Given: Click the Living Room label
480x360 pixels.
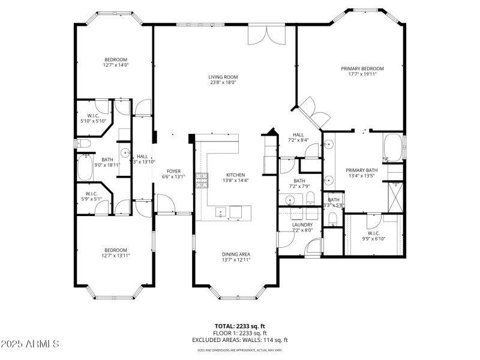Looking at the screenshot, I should coord(223,77).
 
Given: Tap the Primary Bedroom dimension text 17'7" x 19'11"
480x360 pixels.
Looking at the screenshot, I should coord(362,75).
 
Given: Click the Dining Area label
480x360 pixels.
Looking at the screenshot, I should coord(236,254).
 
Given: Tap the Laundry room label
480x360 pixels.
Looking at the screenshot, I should coord(302,225).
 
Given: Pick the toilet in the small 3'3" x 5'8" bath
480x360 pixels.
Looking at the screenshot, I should coord(334,220).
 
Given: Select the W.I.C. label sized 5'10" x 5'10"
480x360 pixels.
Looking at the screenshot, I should coord(92,116).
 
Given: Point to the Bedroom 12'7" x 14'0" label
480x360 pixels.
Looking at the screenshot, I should coord(116,59).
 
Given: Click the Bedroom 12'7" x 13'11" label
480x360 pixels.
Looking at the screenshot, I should coord(116,250).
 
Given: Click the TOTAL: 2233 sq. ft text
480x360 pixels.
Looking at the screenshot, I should coord(239,326).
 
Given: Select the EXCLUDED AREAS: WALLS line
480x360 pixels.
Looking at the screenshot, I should coord(239,340).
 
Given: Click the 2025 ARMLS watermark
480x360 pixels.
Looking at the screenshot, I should coord(30,344).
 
